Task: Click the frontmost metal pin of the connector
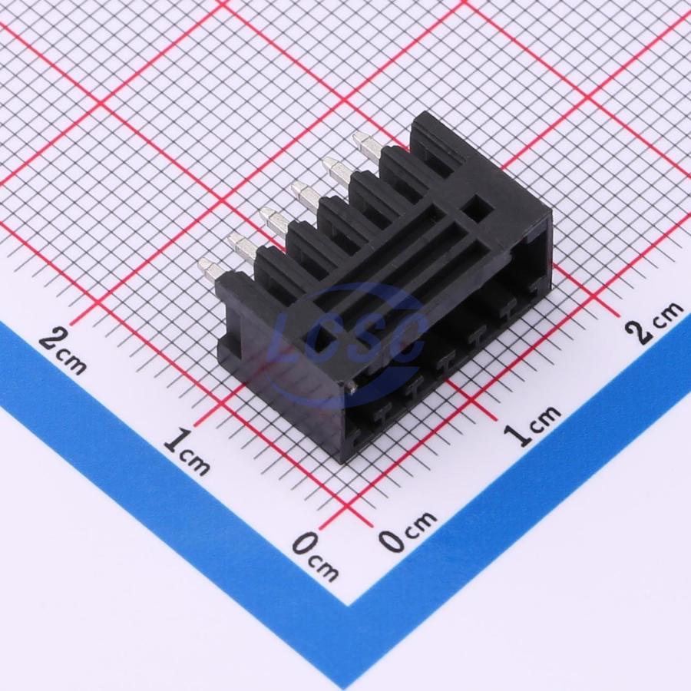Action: (210, 269)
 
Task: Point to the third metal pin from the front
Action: (273, 221)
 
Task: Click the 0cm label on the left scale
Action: (316, 556)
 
